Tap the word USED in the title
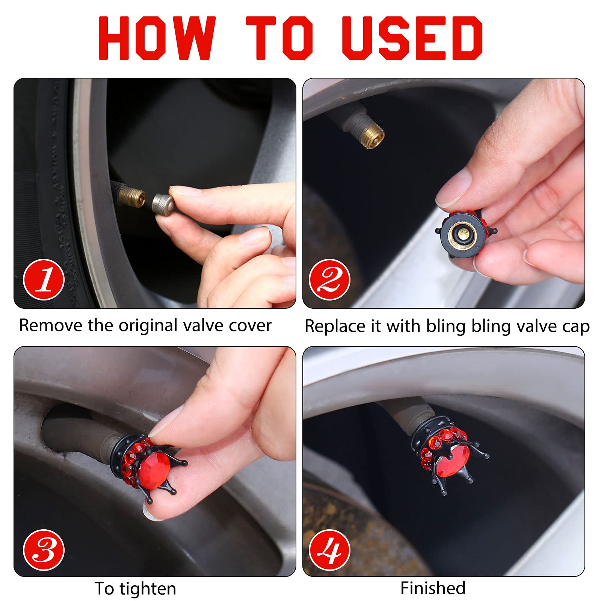pyautogui.click(x=412, y=38)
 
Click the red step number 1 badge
pyautogui.click(x=44, y=280)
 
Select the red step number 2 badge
pyautogui.click(x=329, y=280)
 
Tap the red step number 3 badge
pyautogui.click(x=44, y=550)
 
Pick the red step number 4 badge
pyautogui.click(x=329, y=550)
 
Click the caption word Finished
pyautogui.click(x=433, y=588)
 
